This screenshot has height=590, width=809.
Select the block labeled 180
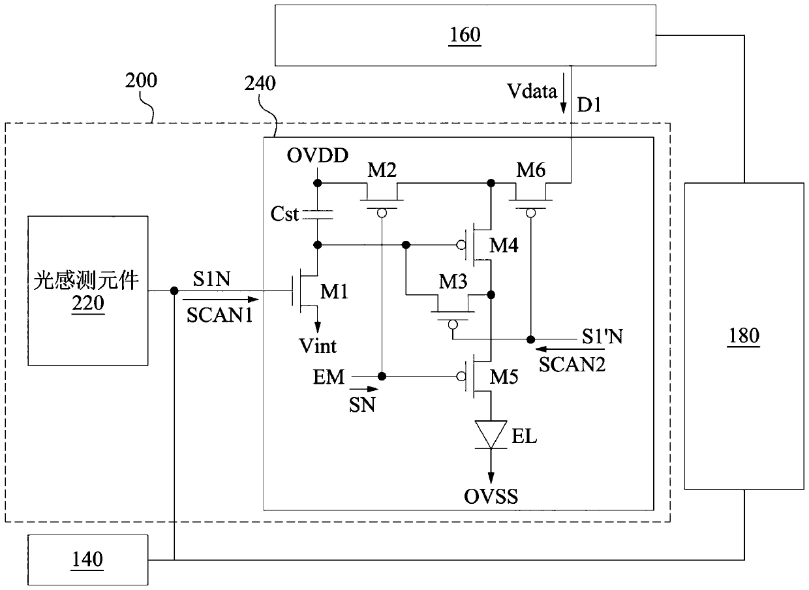[744, 335]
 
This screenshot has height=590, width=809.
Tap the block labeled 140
[87, 559]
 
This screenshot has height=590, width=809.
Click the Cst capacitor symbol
[317, 214]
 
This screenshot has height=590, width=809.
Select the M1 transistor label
[333, 293]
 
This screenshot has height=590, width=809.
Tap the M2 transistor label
[382, 172]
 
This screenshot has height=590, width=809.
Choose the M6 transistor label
[531, 172]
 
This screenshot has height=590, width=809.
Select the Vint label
[318, 346]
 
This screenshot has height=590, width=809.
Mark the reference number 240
[260, 83]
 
